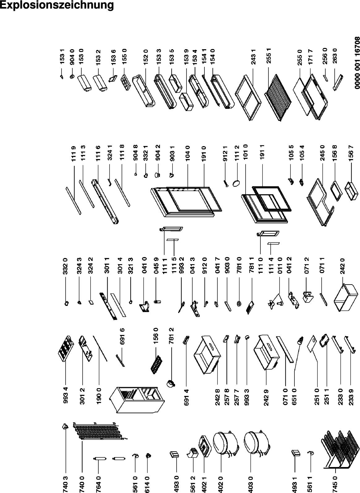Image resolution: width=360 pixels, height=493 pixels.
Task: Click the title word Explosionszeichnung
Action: [x=57, y=5]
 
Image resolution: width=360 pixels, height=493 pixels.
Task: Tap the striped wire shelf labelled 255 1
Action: [x=278, y=97]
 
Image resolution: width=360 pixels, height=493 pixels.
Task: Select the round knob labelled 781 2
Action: [x=171, y=384]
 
